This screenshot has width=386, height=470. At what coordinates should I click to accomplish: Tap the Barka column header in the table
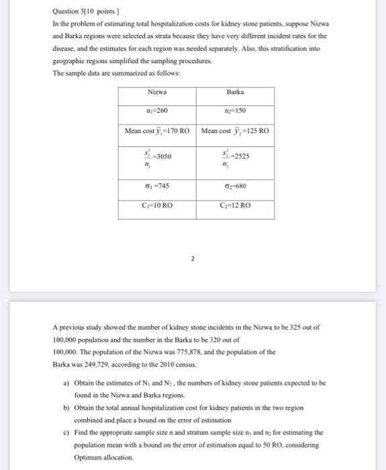click(x=235, y=92)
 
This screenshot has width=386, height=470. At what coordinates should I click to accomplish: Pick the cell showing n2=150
click(x=235, y=110)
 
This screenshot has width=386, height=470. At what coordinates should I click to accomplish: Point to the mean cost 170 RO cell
click(x=158, y=131)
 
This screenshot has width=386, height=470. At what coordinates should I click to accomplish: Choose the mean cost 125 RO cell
click(x=235, y=131)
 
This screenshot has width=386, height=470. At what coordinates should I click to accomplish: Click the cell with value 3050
click(x=158, y=157)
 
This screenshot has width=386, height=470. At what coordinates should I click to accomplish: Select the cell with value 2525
click(x=235, y=157)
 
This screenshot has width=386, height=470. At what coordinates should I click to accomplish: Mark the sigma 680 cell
click(x=235, y=185)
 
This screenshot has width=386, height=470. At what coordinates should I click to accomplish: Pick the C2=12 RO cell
click(x=235, y=205)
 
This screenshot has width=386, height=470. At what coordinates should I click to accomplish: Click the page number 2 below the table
click(x=193, y=257)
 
